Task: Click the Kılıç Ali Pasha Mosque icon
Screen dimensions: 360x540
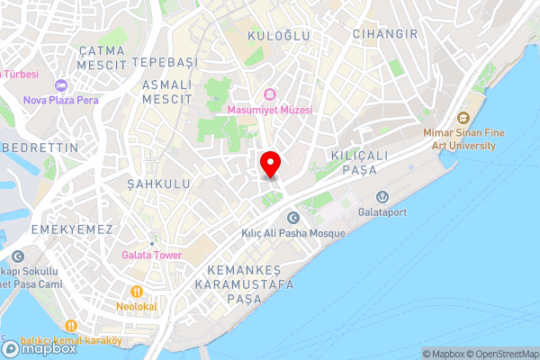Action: [292, 218]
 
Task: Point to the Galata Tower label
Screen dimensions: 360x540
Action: [152, 255]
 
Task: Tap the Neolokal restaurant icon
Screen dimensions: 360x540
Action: [137, 292]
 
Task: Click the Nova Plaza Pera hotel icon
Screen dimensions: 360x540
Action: [61, 85]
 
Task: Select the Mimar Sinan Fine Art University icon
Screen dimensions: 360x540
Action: [463, 118]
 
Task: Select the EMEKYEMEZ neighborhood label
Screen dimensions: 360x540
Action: [71, 230]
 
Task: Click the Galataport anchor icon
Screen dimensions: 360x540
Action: [382, 197]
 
